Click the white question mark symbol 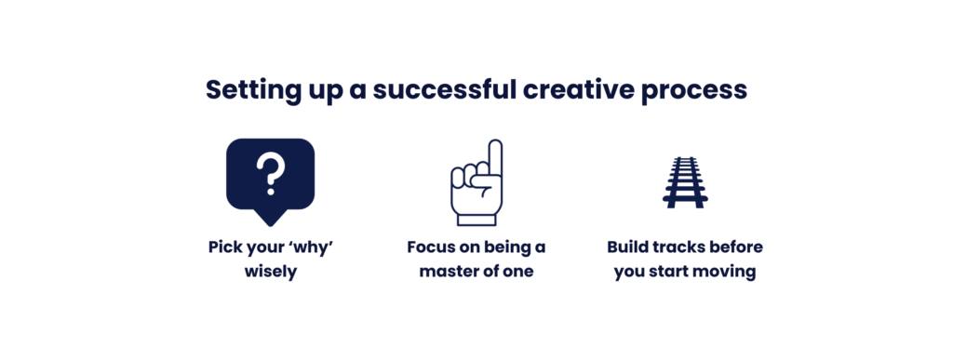270,174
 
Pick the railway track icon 684,182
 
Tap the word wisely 270,273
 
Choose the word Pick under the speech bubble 223,248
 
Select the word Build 627,248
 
